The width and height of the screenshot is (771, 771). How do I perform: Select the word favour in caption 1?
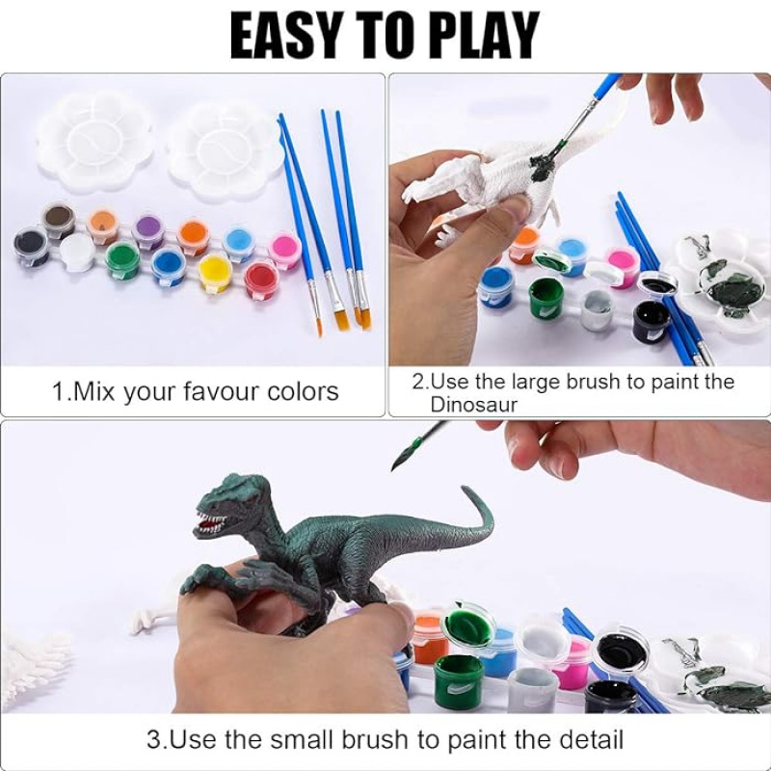tap(221, 392)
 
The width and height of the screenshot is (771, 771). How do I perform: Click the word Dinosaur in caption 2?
tap(474, 405)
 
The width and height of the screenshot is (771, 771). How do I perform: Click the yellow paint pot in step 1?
tap(215, 272)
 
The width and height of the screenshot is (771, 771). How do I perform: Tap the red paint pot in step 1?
tap(261, 279)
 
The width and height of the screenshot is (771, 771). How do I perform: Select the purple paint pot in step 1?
tap(148, 229)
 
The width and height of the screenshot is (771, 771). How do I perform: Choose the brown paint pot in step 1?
tap(58, 219)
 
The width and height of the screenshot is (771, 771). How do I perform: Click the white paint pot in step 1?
tap(78, 251)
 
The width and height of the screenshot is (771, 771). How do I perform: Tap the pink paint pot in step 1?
tap(285, 249)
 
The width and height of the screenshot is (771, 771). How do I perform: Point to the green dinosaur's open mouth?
tap(210, 523)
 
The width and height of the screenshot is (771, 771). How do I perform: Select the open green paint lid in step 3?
tap(466, 623)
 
